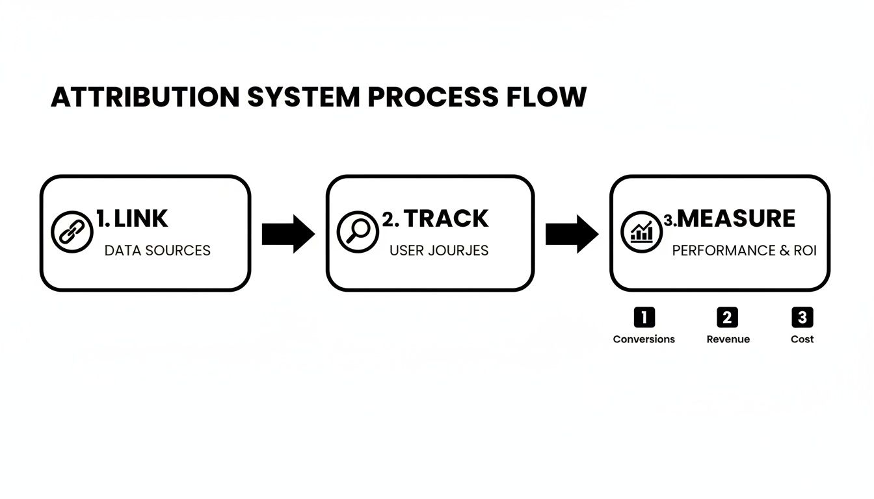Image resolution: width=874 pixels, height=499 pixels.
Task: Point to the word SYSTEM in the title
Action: pos(303,97)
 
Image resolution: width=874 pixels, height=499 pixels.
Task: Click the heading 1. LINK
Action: pos(132,219)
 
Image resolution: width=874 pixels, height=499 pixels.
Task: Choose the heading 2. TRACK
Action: pos(435,219)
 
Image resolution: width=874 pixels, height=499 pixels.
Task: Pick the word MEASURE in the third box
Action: pos(736,219)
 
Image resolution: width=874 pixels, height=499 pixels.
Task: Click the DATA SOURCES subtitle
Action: pos(157,251)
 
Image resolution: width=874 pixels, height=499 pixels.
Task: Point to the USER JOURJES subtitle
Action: pos(439,251)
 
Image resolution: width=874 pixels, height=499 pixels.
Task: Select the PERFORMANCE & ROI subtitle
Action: pos(744,251)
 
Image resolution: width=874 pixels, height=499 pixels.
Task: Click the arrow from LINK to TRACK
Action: pos(288,234)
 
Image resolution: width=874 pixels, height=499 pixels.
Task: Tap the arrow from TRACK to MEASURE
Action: pos(572,234)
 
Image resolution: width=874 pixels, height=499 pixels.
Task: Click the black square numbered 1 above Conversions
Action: pos(644,317)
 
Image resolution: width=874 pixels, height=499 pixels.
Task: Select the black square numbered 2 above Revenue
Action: pos(727,317)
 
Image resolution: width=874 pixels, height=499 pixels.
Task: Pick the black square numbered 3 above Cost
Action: pos(802,317)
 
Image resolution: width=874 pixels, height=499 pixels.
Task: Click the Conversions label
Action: pos(644,339)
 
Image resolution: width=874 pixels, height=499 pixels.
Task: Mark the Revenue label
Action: pos(728,339)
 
